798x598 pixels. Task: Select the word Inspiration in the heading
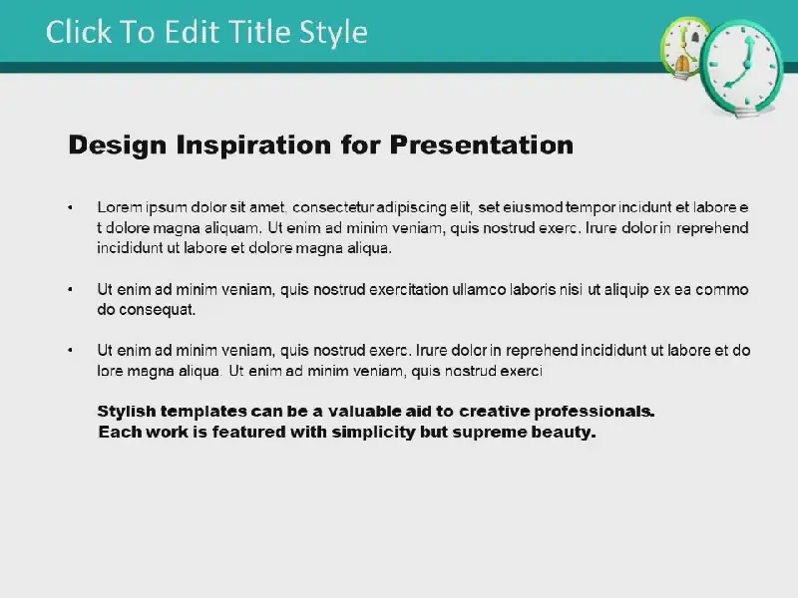click(x=254, y=146)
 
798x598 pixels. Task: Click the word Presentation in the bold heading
click(x=482, y=145)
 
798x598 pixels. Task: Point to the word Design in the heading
click(x=118, y=146)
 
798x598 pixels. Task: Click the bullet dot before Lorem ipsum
click(x=70, y=207)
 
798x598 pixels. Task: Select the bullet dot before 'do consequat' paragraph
click(x=70, y=290)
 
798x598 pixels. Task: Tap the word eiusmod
click(x=533, y=207)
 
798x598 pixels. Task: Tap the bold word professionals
click(x=594, y=412)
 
